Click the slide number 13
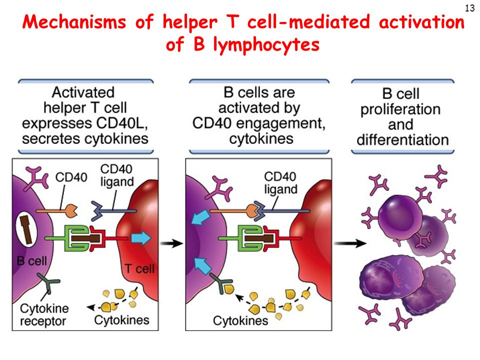point(469,8)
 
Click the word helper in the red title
point(190,22)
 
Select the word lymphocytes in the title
point(266,45)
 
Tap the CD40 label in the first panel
point(71,177)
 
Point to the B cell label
point(32,261)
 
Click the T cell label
point(139,269)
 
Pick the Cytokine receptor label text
point(44,314)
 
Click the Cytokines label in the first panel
point(121,320)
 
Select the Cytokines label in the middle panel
point(240,321)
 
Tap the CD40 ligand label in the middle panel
point(280,183)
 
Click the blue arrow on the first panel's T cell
point(141,238)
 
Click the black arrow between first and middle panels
point(171,243)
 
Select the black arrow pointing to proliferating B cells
point(350,243)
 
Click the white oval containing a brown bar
point(26,230)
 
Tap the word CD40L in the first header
point(122,123)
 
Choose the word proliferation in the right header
point(400,109)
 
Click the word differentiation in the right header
point(402,140)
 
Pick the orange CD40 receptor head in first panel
point(71,211)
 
